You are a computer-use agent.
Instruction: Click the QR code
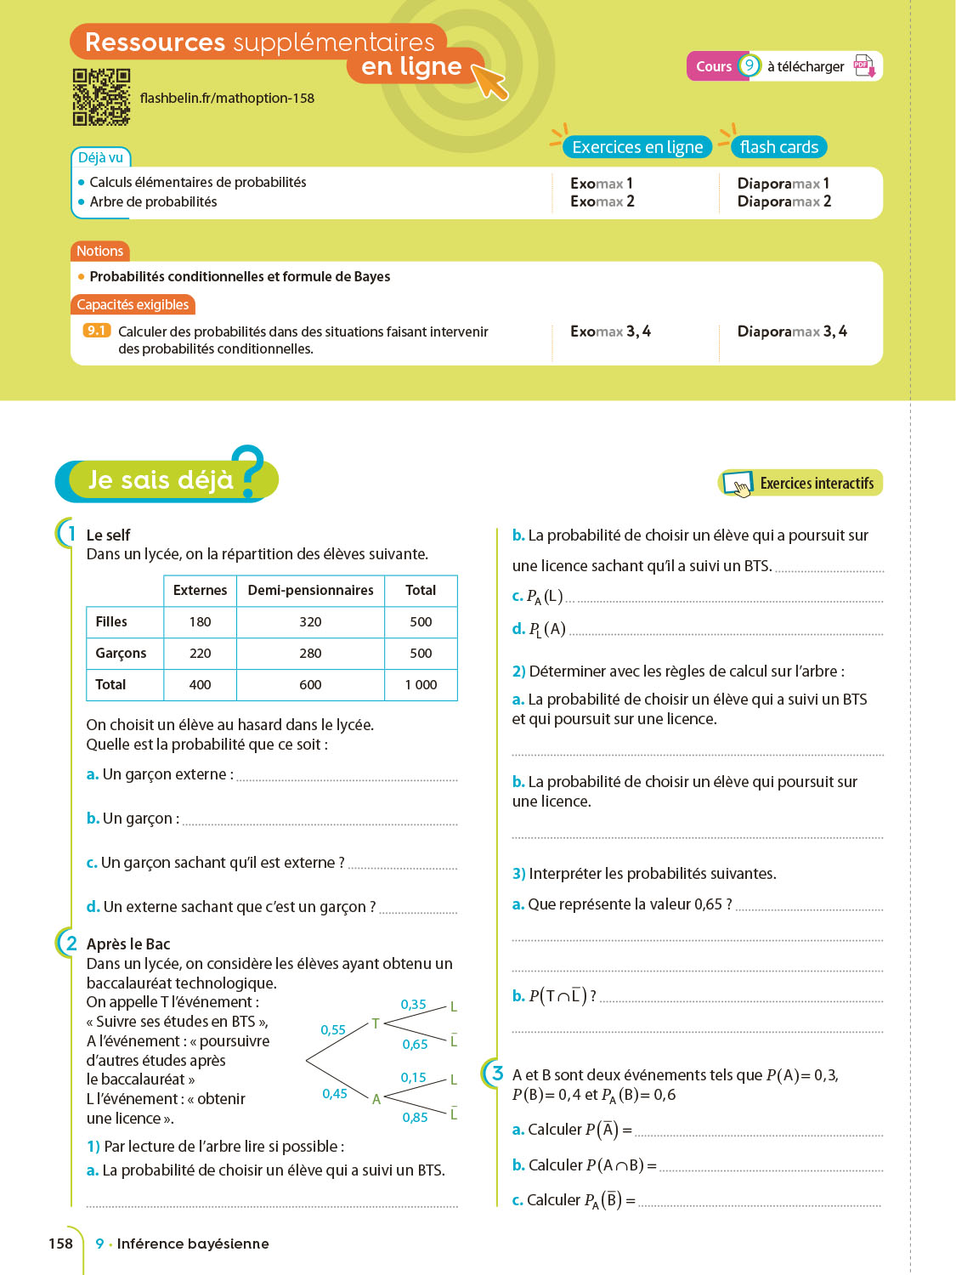tap(101, 97)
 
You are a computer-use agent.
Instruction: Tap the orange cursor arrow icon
tap(489, 80)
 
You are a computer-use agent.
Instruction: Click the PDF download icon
tap(864, 66)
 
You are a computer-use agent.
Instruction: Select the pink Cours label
tap(713, 66)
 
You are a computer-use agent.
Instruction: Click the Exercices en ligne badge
tap(637, 147)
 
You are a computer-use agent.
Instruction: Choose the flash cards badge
tap(778, 147)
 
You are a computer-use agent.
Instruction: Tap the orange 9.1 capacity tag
tap(97, 331)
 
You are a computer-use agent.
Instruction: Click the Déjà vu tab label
tap(100, 157)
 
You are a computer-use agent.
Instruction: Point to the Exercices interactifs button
tap(800, 483)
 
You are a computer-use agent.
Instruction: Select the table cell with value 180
tap(201, 622)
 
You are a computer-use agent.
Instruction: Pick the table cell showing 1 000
tap(421, 685)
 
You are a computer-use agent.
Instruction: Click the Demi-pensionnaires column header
tap(310, 591)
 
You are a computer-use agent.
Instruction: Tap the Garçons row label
tap(121, 654)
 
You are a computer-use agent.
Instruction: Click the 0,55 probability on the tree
tap(333, 1030)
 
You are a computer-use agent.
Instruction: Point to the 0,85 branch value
tap(415, 1118)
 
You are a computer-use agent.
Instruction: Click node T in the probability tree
tap(376, 1024)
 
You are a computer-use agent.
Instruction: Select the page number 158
tap(61, 1244)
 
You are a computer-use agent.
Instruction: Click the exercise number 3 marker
tap(498, 1074)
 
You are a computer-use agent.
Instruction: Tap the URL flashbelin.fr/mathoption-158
tap(227, 99)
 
